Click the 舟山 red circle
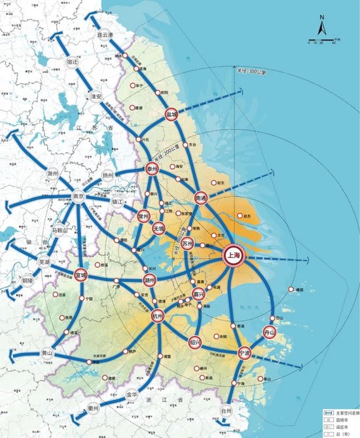[x=270, y=332]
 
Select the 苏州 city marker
[x=188, y=244]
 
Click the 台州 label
[x=226, y=411]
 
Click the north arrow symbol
[x=322, y=28]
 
